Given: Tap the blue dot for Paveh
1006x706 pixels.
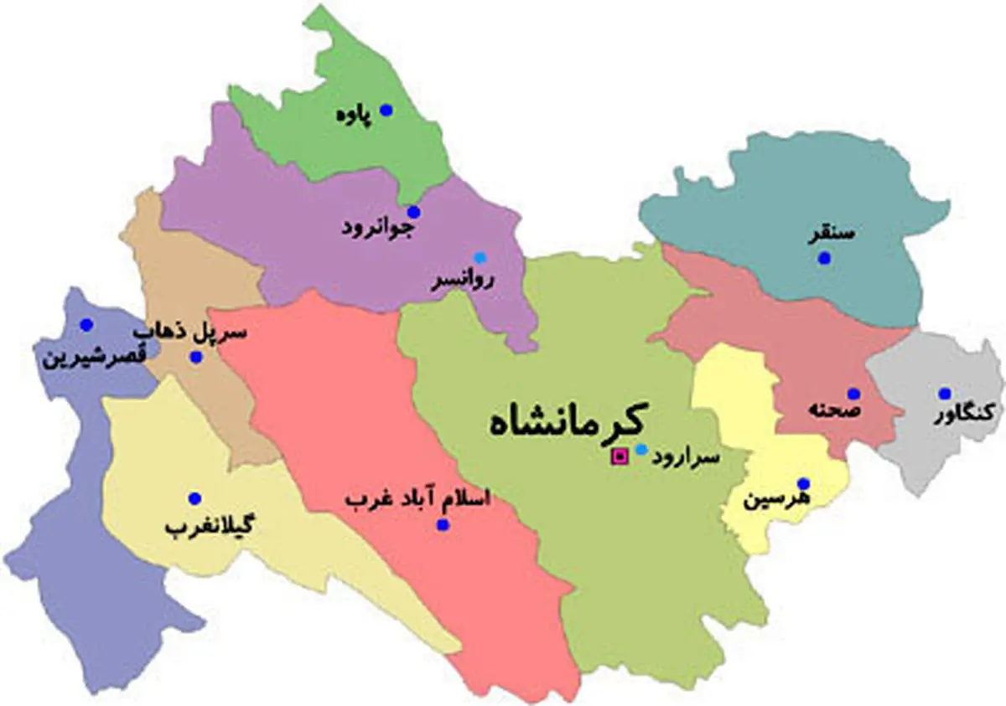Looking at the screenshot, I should [x=386, y=110].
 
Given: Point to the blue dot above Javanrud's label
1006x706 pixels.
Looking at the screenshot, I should [x=413, y=212].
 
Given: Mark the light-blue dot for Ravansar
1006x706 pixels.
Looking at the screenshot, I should [x=480, y=257].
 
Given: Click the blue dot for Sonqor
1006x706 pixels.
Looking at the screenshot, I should [x=824, y=259].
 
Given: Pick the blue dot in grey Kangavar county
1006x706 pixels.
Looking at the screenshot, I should [x=945, y=394].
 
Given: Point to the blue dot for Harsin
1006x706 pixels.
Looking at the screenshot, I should [x=803, y=483].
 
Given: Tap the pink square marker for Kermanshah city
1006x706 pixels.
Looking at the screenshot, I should [x=620, y=456].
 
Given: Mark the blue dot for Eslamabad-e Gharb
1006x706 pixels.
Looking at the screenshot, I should [x=443, y=525].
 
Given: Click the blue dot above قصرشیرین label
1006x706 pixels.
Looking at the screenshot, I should [x=86, y=324].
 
